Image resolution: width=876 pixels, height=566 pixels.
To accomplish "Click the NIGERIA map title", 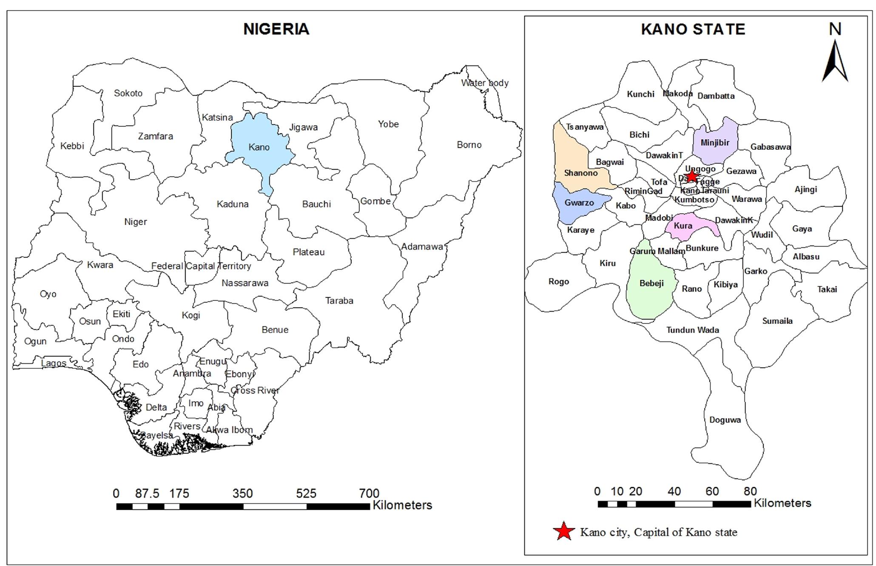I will pyautogui.click(x=276, y=29).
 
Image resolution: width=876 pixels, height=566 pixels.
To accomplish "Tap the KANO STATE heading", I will pyautogui.click(x=693, y=29).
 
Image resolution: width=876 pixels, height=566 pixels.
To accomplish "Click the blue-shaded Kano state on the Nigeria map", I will pyautogui.click(x=259, y=147).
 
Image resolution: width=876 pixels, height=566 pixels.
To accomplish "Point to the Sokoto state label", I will pyautogui.click(x=128, y=93).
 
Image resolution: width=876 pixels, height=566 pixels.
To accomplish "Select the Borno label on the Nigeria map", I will pyautogui.click(x=469, y=145).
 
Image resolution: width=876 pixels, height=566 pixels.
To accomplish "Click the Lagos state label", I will pyautogui.click(x=54, y=363).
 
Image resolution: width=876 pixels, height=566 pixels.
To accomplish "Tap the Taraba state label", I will pyautogui.click(x=339, y=301).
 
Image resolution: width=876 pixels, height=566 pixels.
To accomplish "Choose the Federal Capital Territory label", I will pyautogui.click(x=201, y=266).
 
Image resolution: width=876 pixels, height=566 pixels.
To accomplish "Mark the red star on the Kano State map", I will pyautogui.click(x=692, y=176).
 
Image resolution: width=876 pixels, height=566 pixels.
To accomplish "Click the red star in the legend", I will pyautogui.click(x=563, y=531).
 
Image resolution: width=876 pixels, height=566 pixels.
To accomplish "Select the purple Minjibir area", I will pyautogui.click(x=715, y=143).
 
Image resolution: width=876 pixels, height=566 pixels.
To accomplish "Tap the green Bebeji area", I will pyautogui.click(x=651, y=283).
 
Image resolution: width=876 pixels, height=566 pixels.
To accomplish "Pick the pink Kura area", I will pyautogui.click(x=683, y=226).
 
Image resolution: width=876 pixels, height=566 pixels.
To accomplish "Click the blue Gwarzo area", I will pyautogui.click(x=579, y=203).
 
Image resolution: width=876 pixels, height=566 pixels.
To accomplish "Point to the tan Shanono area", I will pyautogui.click(x=580, y=173).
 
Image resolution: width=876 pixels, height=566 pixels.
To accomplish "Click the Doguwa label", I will pyautogui.click(x=725, y=420).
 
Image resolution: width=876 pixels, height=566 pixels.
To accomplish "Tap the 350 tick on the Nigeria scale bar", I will pyautogui.click(x=242, y=494).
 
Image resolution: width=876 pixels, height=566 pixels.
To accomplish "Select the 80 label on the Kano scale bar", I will pyautogui.click(x=750, y=492).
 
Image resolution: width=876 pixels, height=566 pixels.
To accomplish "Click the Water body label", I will pyautogui.click(x=485, y=83).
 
